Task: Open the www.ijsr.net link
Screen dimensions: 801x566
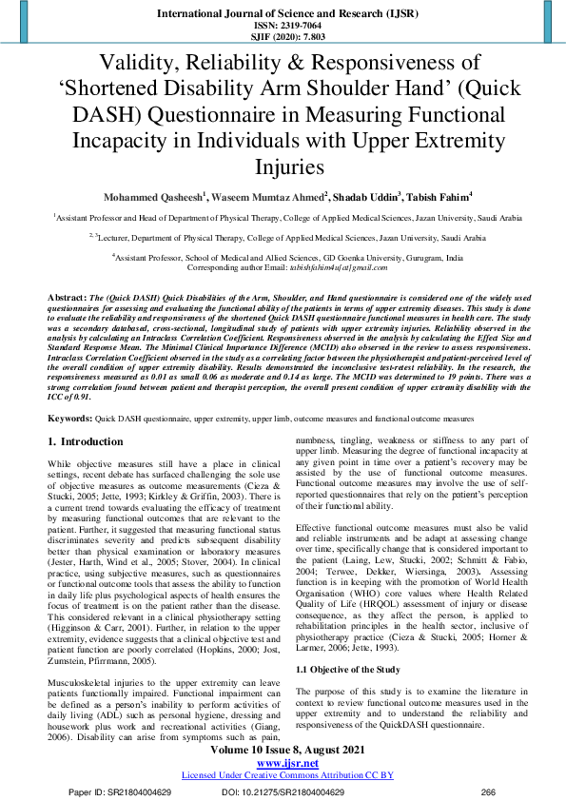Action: (283, 762)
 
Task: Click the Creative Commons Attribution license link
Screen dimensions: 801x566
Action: (283, 775)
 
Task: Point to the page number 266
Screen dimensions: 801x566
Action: (489, 791)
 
